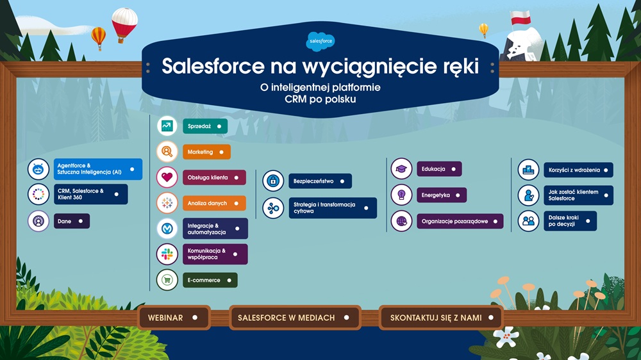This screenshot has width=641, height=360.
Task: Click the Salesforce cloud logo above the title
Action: click(320, 42)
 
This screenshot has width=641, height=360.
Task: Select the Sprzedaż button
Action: click(204, 127)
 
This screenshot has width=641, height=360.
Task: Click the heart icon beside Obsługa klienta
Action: click(167, 177)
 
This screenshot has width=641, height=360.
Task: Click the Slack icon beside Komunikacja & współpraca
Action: click(167, 254)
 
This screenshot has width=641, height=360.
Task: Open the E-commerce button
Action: click(210, 280)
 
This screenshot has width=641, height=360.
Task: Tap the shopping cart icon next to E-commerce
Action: click(167, 280)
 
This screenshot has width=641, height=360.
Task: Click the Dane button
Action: click(71, 221)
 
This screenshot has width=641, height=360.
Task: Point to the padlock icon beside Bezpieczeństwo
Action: click(273, 181)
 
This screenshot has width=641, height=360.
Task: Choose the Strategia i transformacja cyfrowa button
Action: click(332, 208)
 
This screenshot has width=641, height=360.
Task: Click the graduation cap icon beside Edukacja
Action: click(401, 169)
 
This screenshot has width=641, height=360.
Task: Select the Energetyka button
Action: click(441, 195)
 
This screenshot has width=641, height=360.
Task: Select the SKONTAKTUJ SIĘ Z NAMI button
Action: click(440, 318)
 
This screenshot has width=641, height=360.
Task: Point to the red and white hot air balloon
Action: click(124, 23)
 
